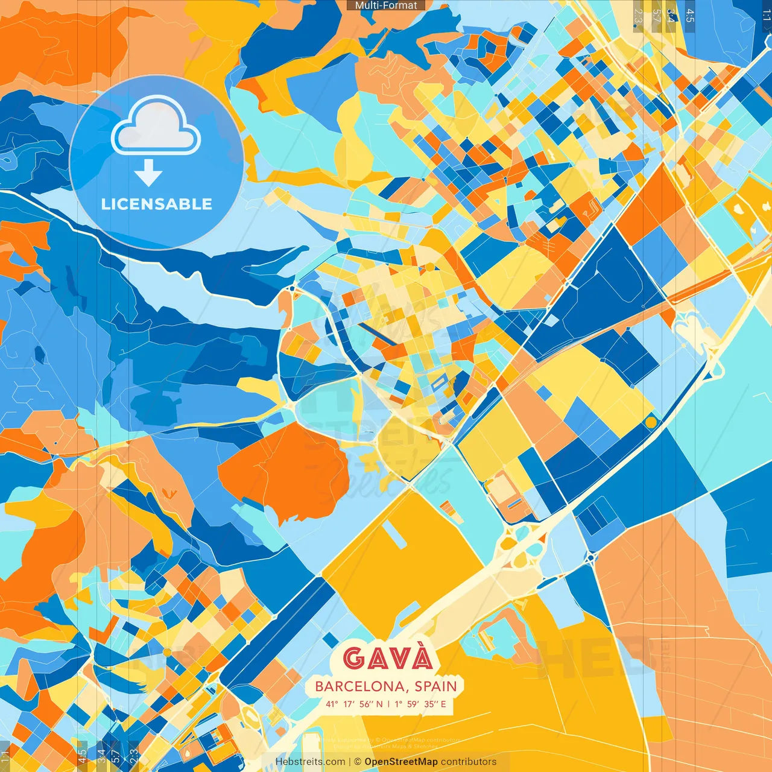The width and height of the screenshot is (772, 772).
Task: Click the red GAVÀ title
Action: [x=388, y=658]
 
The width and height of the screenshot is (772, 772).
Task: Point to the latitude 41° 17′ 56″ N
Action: [x=354, y=704]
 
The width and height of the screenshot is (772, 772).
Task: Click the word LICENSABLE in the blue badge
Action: [x=157, y=204]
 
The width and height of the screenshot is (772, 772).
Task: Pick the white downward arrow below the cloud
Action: [x=148, y=174]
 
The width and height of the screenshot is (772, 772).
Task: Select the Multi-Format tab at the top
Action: [x=386, y=5]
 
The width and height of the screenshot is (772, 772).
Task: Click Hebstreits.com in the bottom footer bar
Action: [x=310, y=762]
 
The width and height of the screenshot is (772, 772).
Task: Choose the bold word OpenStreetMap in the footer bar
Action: [x=401, y=762]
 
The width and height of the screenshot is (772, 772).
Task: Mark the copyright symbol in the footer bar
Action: [x=357, y=762]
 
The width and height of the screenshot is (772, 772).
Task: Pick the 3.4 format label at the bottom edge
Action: [x=101, y=756]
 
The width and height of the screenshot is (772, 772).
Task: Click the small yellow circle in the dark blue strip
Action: [x=651, y=422]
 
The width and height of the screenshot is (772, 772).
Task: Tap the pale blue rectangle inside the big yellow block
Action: [x=393, y=534]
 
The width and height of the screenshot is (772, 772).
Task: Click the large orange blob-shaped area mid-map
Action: [x=283, y=470]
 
